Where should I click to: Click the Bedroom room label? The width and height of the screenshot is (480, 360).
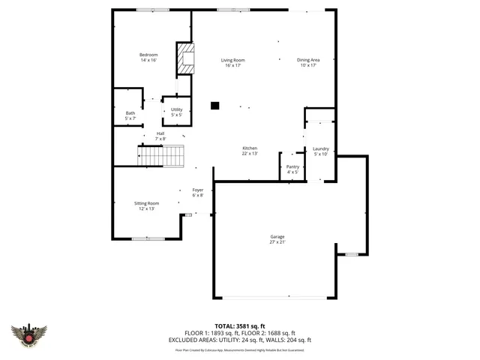[x=148, y=55]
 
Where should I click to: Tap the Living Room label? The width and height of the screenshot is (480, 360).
[x=232, y=60]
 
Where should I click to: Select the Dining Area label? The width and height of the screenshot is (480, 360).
[x=308, y=60]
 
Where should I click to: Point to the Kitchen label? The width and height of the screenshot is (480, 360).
[x=250, y=148]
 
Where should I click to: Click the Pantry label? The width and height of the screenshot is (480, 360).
[x=292, y=166]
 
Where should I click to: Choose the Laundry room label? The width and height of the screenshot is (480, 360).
[x=321, y=149]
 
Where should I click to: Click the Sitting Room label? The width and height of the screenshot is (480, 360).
[x=147, y=203]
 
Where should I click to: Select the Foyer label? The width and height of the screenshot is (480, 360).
[x=198, y=190]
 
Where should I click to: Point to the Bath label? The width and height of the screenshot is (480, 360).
[x=130, y=113]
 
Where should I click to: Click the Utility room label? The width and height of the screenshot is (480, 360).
[x=176, y=109]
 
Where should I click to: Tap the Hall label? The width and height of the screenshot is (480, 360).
[x=160, y=133]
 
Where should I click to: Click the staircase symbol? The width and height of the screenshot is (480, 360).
[x=161, y=156]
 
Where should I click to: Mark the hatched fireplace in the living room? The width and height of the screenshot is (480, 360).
[x=184, y=59]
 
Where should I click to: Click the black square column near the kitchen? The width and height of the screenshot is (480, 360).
[x=215, y=106]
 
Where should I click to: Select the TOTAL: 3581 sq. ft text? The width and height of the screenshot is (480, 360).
[x=240, y=326]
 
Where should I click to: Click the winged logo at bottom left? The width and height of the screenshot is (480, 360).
[x=29, y=335]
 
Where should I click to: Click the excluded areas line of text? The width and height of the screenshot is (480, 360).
[x=240, y=340]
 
